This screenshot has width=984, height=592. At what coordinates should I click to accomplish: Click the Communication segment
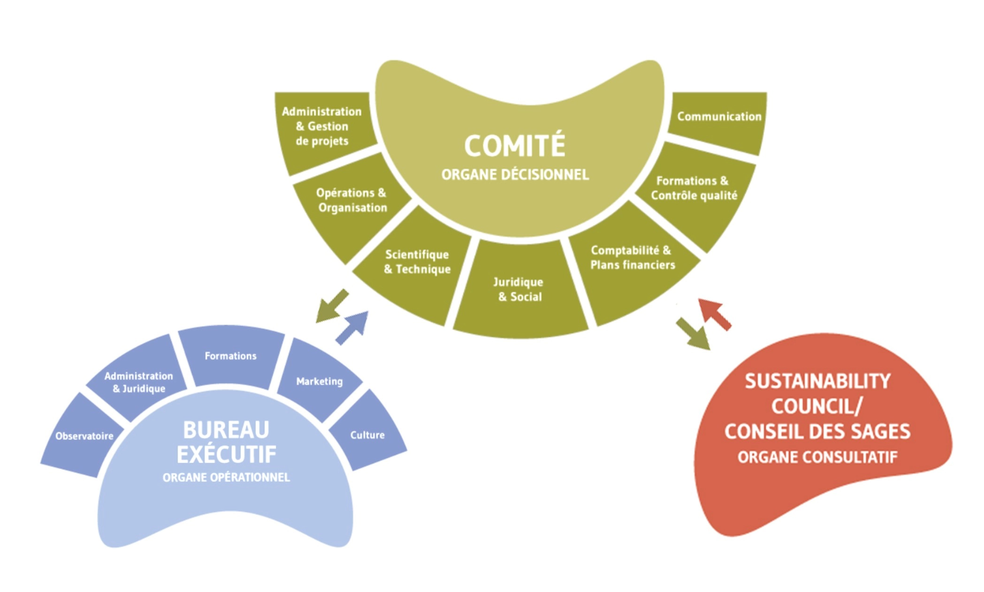click(x=718, y=118)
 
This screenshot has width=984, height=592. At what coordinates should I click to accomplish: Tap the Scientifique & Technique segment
click(x=417, y=263)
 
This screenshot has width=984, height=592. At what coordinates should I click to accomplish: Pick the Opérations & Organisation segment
click(x=352, y=201)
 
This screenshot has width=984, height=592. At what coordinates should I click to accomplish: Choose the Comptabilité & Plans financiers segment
click(x=632, y=258)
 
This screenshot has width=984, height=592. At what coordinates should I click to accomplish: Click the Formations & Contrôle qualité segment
click(x=693, y=189)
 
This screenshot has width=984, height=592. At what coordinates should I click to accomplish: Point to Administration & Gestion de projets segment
click(x=322, y=127)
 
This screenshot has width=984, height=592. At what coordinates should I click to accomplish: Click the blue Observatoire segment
click(x=84, y=436)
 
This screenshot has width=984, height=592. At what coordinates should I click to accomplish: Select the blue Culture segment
click(x=367, y=435)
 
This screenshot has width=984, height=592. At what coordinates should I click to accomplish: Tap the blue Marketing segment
click(x=319, y=381)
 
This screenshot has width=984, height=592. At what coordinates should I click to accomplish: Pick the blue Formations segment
click(x=230, y=356)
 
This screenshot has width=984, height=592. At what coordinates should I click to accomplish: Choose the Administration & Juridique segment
click(x=139, y=383)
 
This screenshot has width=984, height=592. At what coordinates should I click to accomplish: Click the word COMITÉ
click(x=515, y=146)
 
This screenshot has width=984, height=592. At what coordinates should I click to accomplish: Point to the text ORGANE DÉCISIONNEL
click(x=515, y=175)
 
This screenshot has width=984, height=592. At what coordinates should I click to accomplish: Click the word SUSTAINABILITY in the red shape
click(x=817, y=381)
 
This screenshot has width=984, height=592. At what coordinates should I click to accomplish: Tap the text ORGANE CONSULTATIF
click(x=817, y=457)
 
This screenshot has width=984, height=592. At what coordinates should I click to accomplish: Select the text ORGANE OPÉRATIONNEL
click(x=226, y=477)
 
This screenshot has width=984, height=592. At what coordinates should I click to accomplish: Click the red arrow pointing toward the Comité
click(x=716, y=313)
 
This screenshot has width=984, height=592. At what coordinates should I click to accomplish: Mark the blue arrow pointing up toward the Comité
click(x=352, y=328)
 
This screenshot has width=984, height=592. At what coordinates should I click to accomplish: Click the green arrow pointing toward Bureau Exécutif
click(x=331, y=307)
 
